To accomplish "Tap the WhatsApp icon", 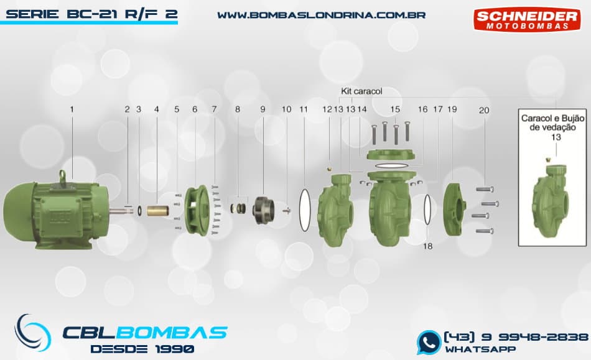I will [x=429, y=342].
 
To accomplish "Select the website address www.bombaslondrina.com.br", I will [x=321, y=14].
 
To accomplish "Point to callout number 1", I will [x=72, y=109].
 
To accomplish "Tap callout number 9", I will [x=263, y=109].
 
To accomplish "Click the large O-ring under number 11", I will [x=305, y=209].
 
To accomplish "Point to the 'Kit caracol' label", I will [x=361, y=91].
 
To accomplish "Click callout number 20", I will [x=484, y=110].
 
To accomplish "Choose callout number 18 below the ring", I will [x=427, y=246].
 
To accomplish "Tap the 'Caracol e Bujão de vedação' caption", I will [x=549, y=122].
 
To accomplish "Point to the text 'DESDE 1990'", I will [x=142, y=348].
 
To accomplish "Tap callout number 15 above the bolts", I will [x=395, y=109].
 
